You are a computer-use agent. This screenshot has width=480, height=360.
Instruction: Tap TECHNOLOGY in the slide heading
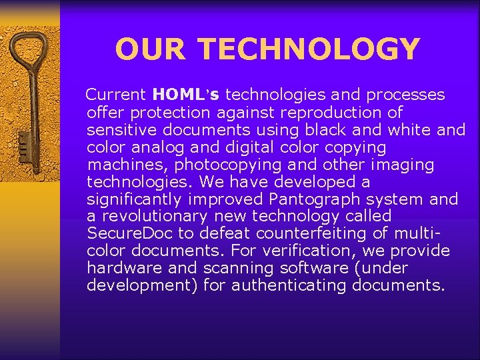click(x=309, y=49)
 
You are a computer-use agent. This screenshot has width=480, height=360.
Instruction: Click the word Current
click(x=117, y=95)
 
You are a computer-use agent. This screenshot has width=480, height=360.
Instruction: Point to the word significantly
click(x=136, y=199)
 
